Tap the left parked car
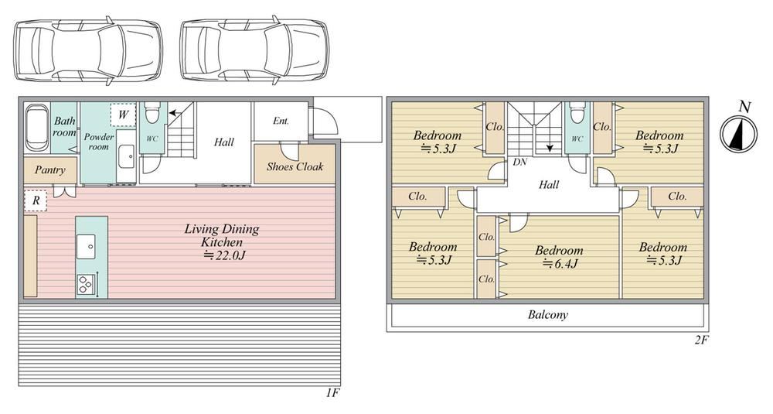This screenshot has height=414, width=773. pos(87,51)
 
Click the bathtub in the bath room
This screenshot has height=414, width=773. pos(37,128)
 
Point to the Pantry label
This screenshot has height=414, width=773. pos(49,170)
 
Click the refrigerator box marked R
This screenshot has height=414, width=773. pos(36,201)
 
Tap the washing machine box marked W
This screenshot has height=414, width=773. pos(123,116)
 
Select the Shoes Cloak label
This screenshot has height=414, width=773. pos(295,166)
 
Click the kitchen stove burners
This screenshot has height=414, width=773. pos(84,285)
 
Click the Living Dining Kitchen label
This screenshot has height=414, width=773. pos(221,235)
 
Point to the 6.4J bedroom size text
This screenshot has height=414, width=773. pos(559,264)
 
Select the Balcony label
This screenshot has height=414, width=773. pos(548,314)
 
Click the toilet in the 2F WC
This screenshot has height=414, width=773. pos(577,113)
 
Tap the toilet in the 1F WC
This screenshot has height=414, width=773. pos(152,112)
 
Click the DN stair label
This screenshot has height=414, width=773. pos(519,162)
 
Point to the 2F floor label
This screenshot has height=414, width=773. pos(701,340)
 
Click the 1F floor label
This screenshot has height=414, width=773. pos(333,393)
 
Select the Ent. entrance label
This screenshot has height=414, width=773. pos(281,121)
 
